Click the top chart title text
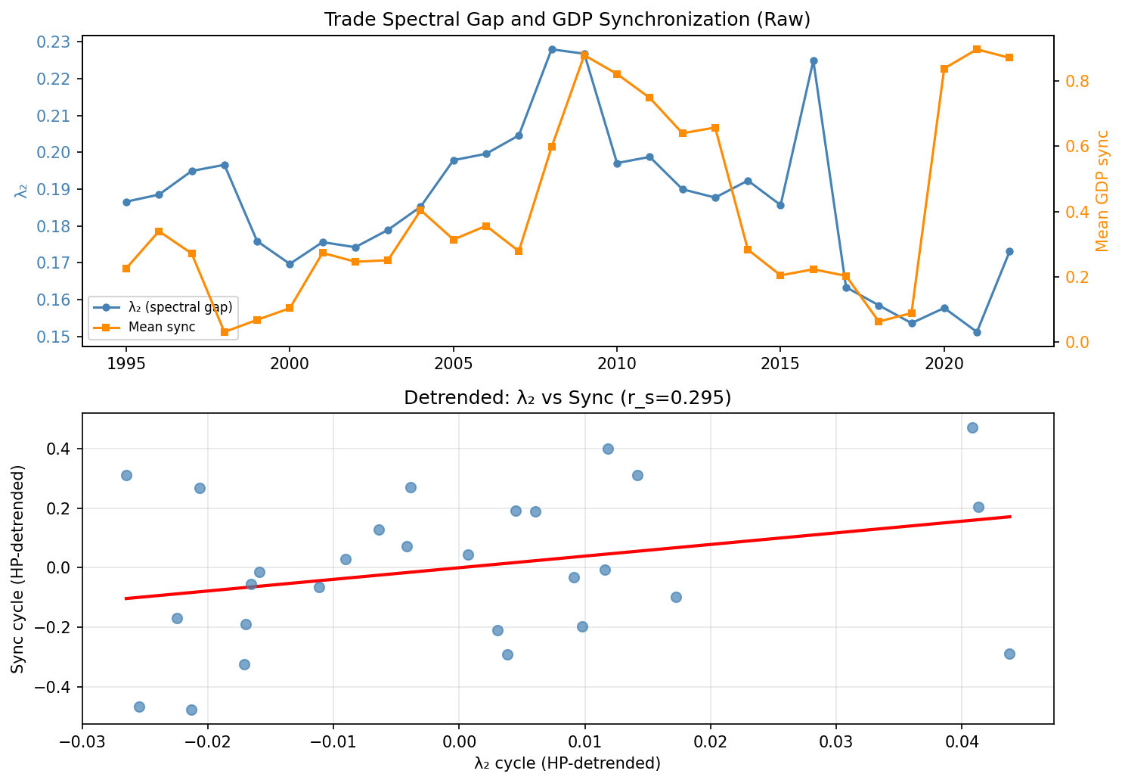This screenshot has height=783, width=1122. (x=567, y=20)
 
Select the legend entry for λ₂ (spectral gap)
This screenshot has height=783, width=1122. (x=181, y=307)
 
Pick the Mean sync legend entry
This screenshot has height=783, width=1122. (x=162, y=327)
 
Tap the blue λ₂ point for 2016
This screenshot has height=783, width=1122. (x=814, y=61)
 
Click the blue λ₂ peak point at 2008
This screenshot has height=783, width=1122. (x=552, y=49)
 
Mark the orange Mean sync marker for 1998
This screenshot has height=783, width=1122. (x=225, y=332)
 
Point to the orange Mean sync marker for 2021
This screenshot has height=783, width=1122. (x=977, y=49)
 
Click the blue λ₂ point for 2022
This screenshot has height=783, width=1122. (x=1009, y=251)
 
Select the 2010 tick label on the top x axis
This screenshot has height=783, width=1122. (x=616, y=363)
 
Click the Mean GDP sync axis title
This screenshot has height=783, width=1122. (x=1102, y=191)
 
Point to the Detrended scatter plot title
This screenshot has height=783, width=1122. (x=567, y=398)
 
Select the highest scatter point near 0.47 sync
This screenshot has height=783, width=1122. (x=972, y=427)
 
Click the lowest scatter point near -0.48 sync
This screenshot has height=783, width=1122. (x=191, y=710)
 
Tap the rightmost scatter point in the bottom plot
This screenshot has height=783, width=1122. (x=1009, y=654)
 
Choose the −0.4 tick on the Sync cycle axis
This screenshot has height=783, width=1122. (x=57, y=687)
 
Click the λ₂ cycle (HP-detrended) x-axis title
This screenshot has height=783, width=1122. (x=567, y=764)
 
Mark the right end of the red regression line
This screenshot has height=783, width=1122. (x=1009, y=517)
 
